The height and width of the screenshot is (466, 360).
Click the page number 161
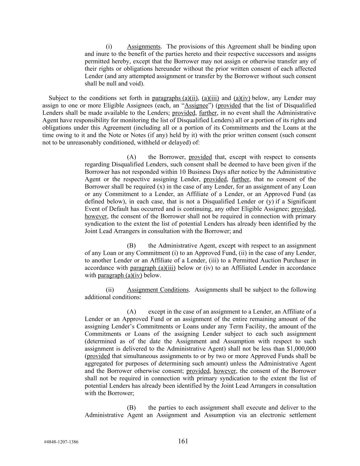click(x=183, y=441)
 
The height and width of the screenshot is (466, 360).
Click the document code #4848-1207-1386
click(x=61, y=442)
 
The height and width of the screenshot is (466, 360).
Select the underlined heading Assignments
click(x=144, y=46)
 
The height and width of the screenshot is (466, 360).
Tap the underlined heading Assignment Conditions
click(x=158, y=290)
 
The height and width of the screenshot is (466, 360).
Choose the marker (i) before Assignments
click(x=109, y=46)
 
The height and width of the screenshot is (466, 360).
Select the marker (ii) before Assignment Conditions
click(x=110, y=290)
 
